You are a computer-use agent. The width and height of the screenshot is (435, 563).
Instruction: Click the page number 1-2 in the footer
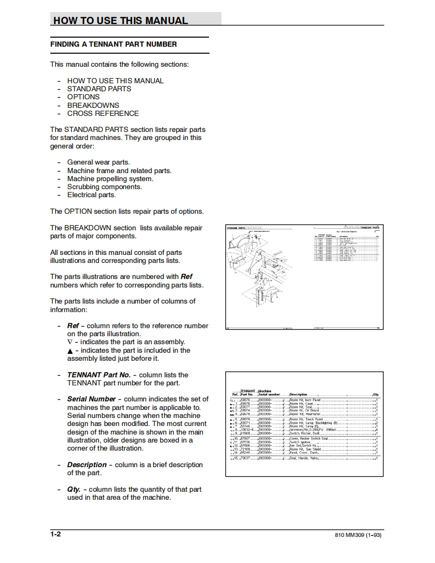pyautogui.click(x=55, y=534)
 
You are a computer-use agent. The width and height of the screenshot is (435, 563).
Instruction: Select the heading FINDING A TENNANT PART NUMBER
pyautogui.click(x=114, y=44)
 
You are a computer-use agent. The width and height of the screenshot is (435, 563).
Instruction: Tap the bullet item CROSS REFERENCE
pyautogui.click(x=103, y=113)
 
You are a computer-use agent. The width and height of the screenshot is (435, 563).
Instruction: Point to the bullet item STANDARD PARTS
pyautogui.click(x=99, y=89)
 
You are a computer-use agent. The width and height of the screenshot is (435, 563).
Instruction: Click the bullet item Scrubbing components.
pyautogui.click(x=104, y=187)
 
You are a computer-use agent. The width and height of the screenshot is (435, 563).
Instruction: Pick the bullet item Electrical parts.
pyautogui.click(x=91, y=195)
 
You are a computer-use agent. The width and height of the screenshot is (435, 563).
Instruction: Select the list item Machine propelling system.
pyautogui.click(x=111, y=179)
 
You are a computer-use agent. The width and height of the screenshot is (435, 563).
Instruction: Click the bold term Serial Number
pyautogui.click(x=91, y=399)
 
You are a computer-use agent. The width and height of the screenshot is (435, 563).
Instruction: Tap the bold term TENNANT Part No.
pyautogui.click(x=98, y=375)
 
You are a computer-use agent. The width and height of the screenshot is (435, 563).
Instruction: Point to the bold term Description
pyautogui.click(x=87, y=465)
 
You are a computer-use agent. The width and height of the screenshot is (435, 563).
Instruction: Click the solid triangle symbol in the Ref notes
pyautogui.click(x=70, y=351)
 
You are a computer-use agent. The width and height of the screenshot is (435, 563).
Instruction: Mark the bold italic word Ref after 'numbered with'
pyautogui.click(x=186, y=276)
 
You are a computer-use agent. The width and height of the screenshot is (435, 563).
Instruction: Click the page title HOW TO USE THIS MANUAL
pyautogui.click(x=121, y=21)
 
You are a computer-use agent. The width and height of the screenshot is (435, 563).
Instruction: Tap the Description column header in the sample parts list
pyautogui.click(x=298, y=394)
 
